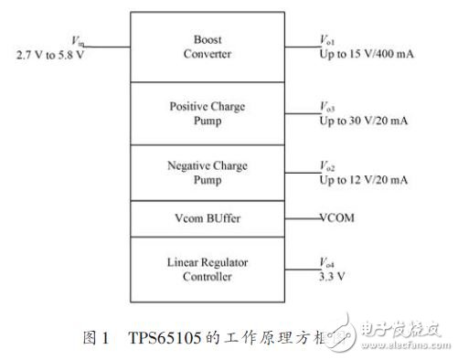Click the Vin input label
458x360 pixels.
click(76, 42)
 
